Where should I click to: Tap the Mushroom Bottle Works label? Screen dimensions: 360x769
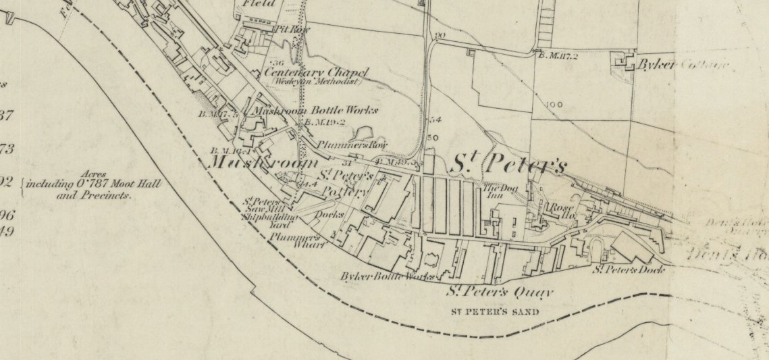coord(315,110)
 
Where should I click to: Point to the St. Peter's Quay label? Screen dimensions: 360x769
coord(500,292)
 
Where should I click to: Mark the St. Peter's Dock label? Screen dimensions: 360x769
coord(628,270)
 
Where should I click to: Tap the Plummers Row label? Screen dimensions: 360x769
coord(342,145)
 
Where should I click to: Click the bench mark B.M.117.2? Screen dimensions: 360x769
coord(558,56)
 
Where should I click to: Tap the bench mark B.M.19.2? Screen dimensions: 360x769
coord(325,123)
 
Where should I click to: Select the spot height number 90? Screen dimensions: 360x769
coord(442,36)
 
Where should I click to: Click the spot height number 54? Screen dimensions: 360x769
coord(435,120)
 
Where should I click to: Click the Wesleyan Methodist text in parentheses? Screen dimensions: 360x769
coord(317,82)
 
